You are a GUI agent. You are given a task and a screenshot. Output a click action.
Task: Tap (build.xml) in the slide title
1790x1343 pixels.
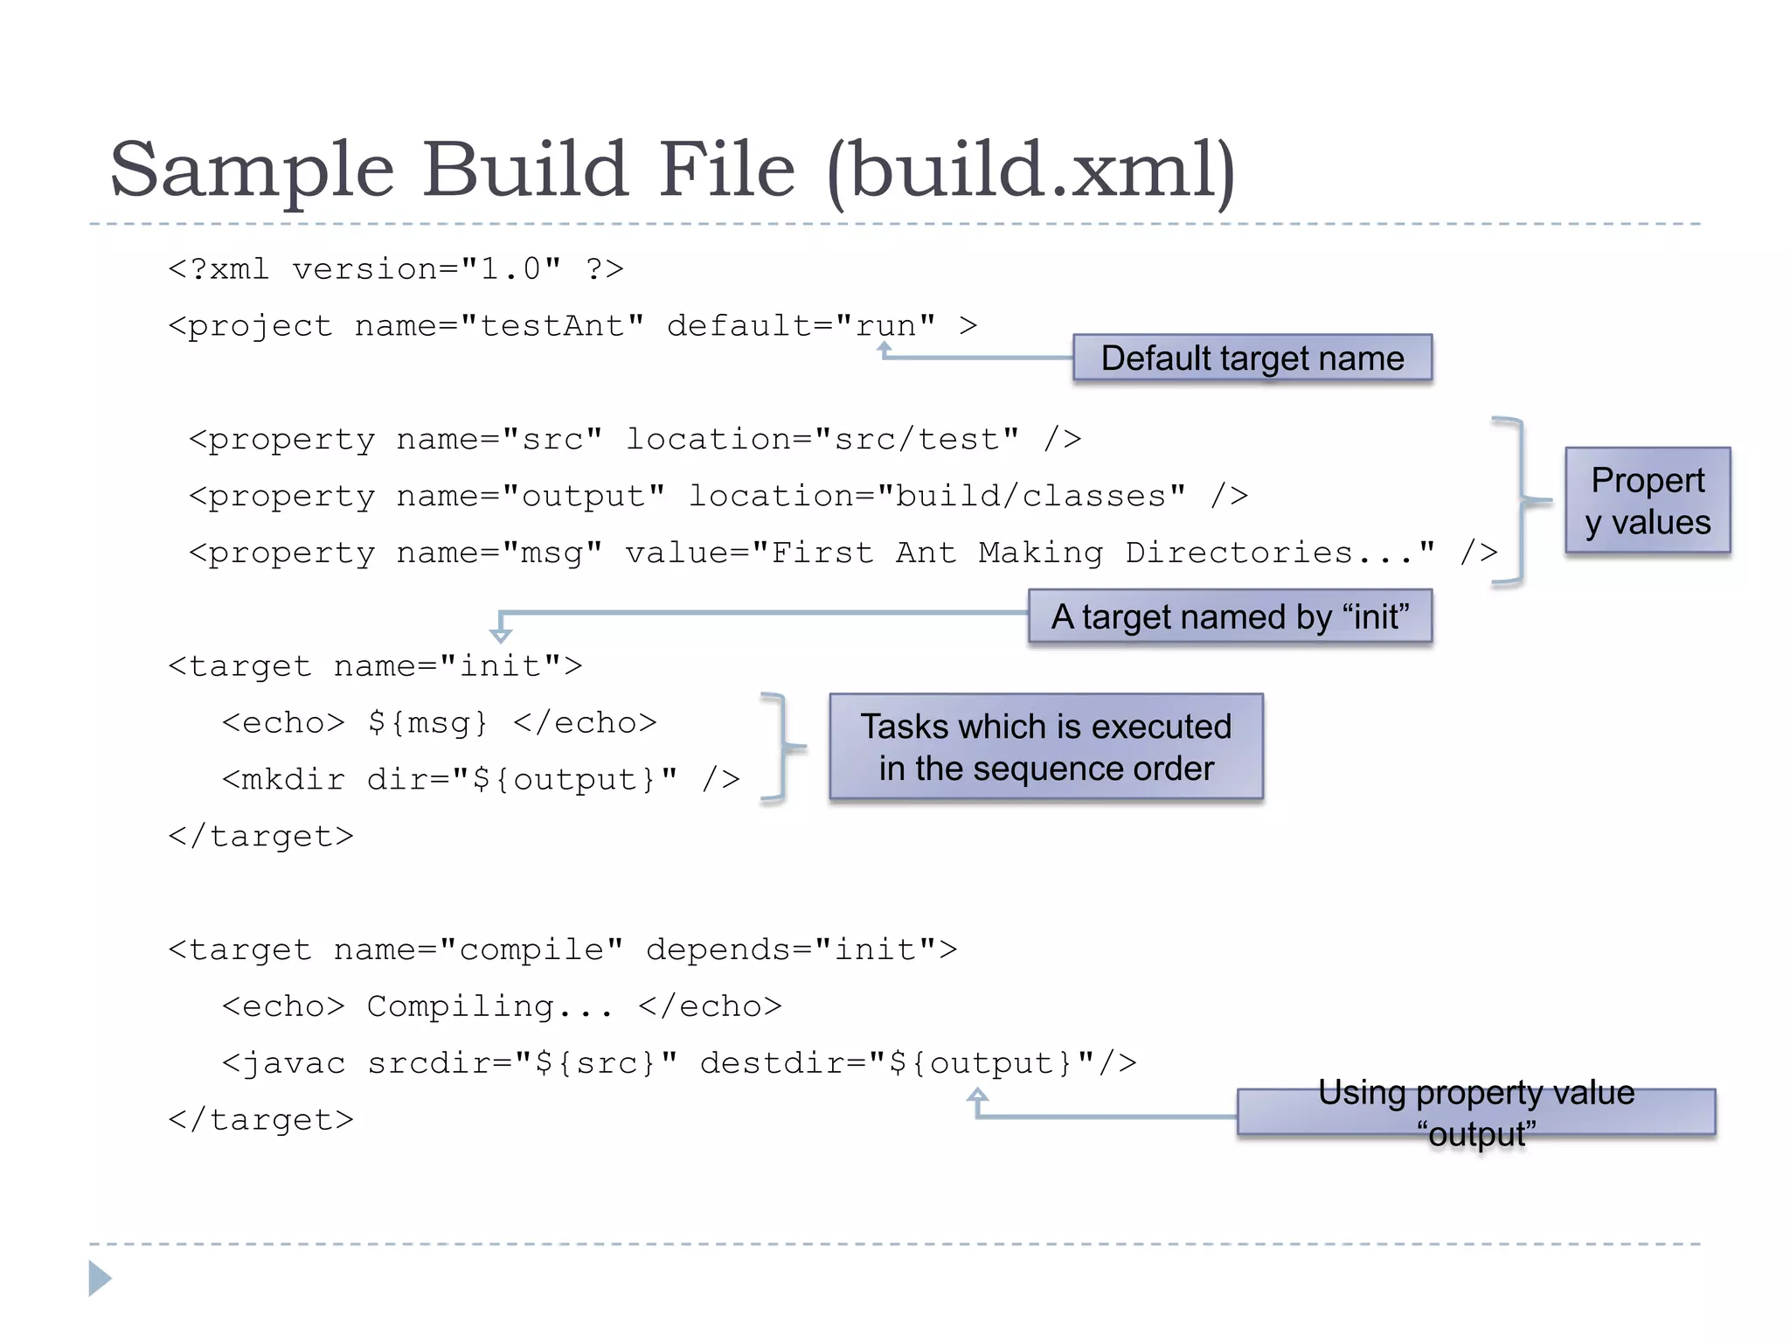coord(1031,170)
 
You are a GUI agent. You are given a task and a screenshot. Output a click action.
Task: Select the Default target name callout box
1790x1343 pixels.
coord(1252,358)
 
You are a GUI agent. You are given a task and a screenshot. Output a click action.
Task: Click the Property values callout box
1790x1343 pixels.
coord(1648,501)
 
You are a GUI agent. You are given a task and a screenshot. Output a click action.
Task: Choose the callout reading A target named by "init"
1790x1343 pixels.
coord(1230,617)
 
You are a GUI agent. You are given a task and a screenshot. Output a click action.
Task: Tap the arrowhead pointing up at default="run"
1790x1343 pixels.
coord(885,348)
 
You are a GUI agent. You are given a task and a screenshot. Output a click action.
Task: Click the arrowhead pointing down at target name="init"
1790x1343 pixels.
coord(501,635)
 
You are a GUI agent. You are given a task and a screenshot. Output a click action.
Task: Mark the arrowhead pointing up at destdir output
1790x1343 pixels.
coord(978,1095)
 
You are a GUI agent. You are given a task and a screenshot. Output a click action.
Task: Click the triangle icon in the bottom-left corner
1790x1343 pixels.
coord(100,1278)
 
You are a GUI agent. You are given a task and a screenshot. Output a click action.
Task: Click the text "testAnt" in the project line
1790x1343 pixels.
coord(552,326)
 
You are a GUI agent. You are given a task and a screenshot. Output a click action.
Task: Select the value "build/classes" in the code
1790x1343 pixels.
coord(1031,497)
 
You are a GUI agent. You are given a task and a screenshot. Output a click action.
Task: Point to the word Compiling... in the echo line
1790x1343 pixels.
coord(489,1007)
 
